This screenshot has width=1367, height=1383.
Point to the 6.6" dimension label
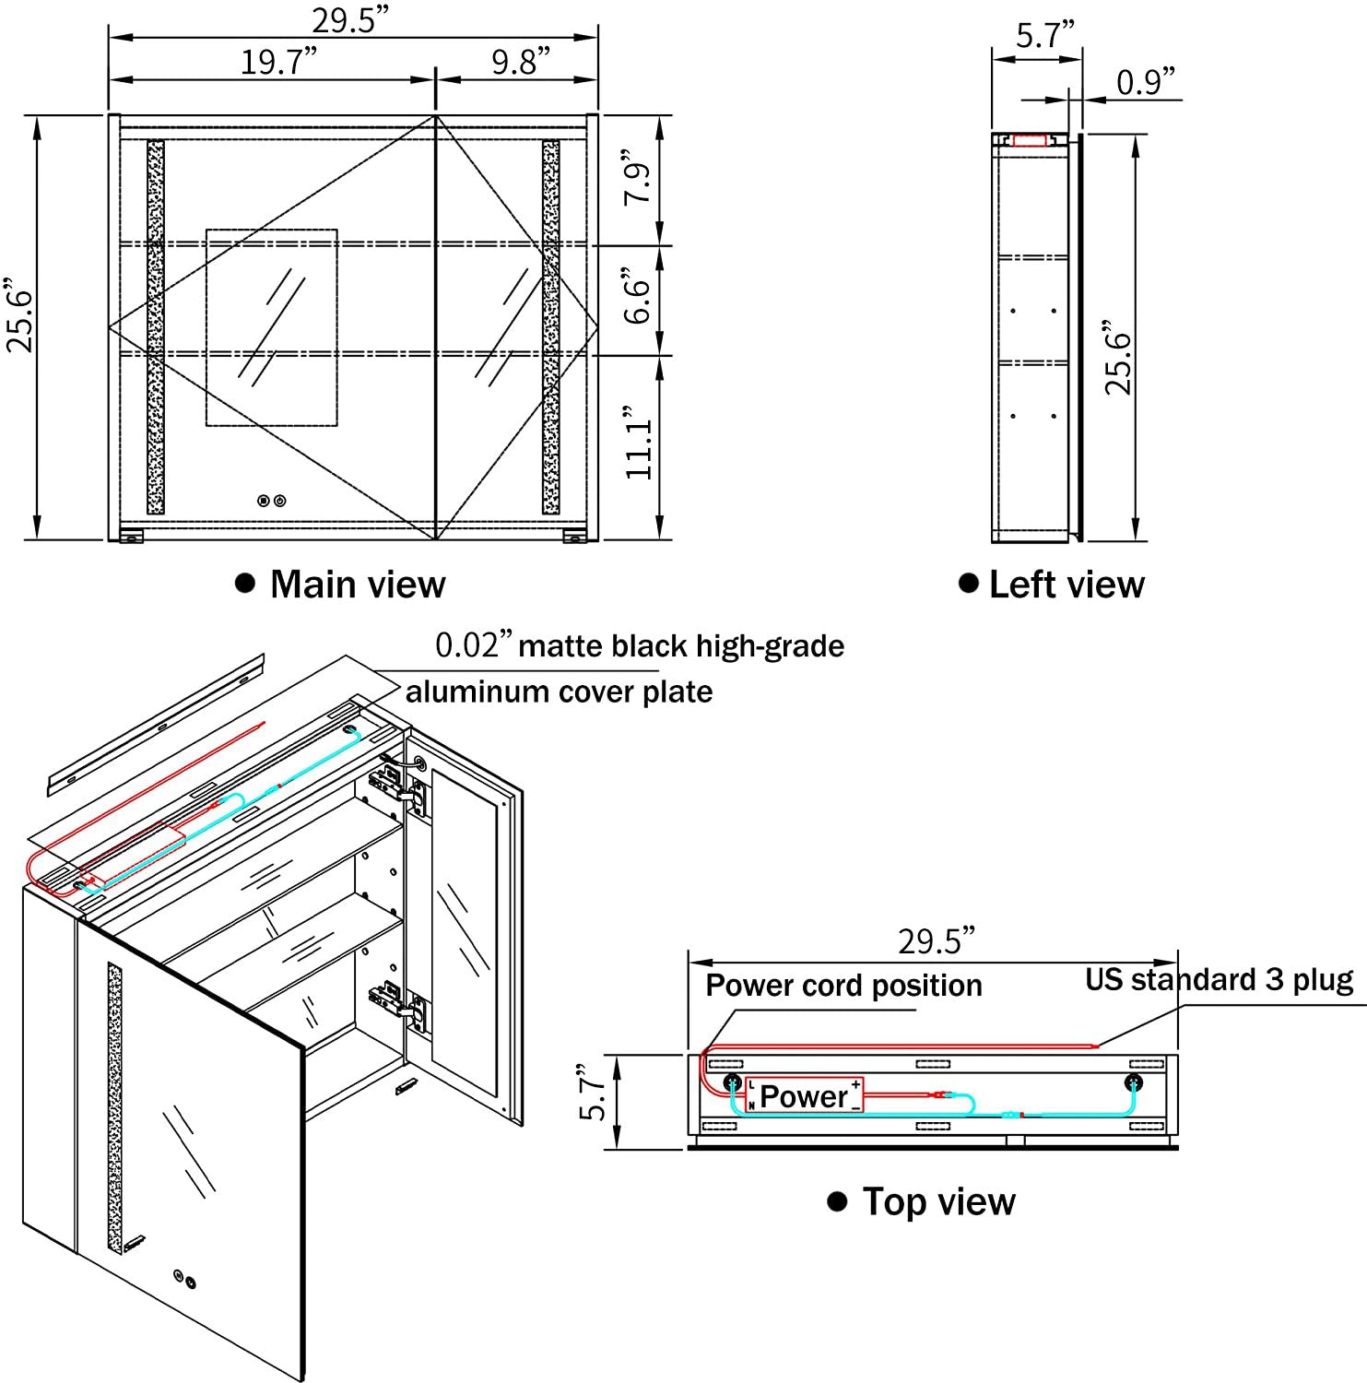[638, 297]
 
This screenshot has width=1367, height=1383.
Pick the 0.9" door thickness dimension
[1147, 82]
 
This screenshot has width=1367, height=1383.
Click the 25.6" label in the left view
[1118, 360]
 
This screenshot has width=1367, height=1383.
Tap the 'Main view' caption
[357, 585]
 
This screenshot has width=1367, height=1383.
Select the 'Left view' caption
[1066, 585]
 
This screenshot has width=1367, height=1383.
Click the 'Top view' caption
[938, 1202]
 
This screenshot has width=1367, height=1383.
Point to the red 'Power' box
[804, 1095]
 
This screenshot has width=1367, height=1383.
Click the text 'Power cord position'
[843, 986]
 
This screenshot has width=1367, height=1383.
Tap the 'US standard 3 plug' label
[1219, 979]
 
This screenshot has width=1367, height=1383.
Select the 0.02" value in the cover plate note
[472, 645]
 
